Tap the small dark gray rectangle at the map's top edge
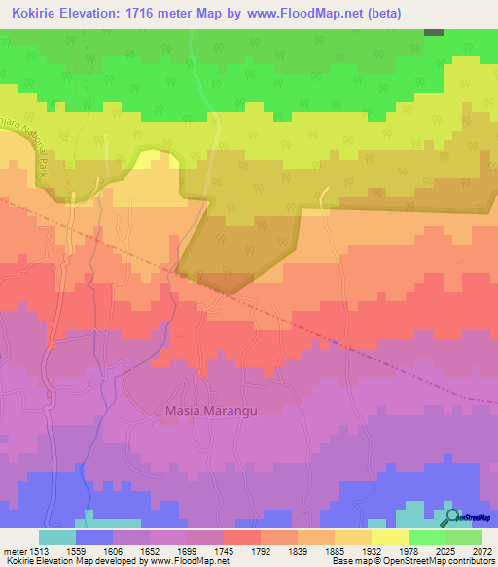434,32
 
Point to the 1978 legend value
428,549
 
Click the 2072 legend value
482,549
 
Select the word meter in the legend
11,549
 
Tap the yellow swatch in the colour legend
390,537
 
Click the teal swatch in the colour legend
57,537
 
